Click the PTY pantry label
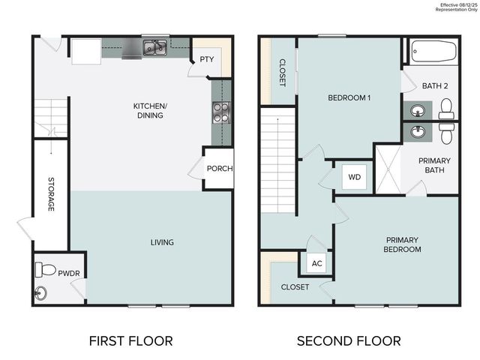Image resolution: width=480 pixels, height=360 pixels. (x=205, y=60)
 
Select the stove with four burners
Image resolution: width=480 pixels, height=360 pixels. (x=222, y=112)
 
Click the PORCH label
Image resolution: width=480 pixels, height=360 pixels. (x=220, y=168)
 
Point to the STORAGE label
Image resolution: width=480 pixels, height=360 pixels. (x=51, y=194)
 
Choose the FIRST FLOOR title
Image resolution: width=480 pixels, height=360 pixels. (x=130, y=340)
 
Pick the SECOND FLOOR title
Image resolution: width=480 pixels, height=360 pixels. (x=349, y=340)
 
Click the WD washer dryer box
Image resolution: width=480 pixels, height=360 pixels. (x=353, y=178)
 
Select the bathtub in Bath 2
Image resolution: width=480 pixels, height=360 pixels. (x=433, y=52)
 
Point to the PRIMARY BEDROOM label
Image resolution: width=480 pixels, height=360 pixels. (x=402, y=244)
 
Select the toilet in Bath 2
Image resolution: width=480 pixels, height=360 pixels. (x=447, y=110)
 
